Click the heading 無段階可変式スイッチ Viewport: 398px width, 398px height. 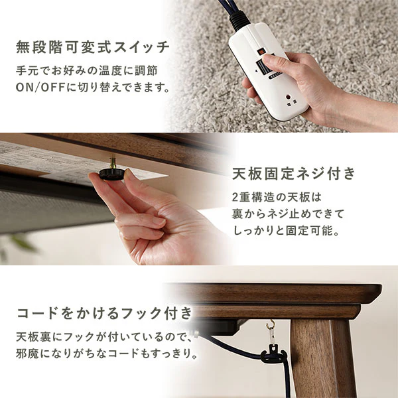93,48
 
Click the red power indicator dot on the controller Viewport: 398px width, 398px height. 289,98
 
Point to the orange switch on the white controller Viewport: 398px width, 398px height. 261,52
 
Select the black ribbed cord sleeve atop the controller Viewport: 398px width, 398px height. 239,21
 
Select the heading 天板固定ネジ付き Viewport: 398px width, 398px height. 294,174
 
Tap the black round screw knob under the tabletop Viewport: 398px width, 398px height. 111,174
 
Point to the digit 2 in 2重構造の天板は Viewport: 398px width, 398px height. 235,198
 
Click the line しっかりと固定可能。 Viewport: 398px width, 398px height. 286,231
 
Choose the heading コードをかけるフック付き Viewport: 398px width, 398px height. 105,313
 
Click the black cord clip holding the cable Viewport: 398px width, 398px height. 274,354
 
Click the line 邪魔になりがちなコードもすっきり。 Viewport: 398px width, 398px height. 107,354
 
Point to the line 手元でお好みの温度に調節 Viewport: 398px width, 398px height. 87,71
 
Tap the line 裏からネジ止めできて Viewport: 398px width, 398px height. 288,214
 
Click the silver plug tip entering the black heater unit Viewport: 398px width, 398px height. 195,333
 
